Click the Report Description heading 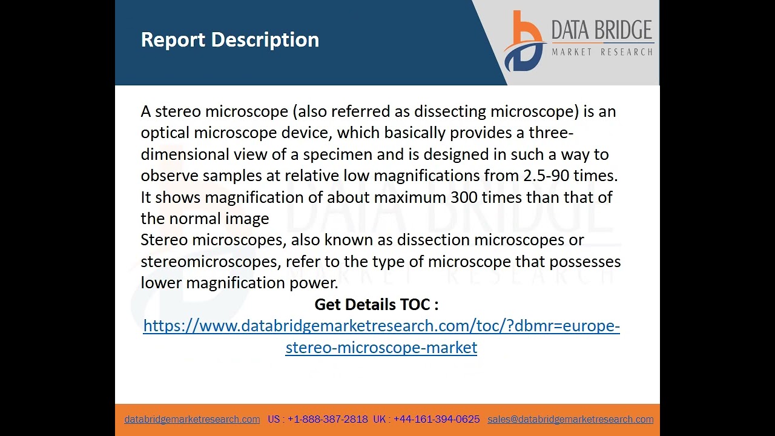(229, 40)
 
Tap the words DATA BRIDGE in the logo (601, 30)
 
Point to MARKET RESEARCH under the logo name (602, 52)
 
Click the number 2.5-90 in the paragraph (546, 176)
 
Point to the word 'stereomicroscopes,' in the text (211, 262)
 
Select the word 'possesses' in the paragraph (585, 262)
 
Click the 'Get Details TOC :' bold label (376, 304)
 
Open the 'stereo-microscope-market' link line (381, 348)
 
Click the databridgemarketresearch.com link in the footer (192, 419)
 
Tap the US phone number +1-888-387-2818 (328, 419)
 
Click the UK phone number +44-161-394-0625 (437, 419)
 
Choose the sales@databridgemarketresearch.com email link (570, 419)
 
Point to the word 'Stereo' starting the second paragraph (164, 240)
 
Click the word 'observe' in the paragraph (169, 176)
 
